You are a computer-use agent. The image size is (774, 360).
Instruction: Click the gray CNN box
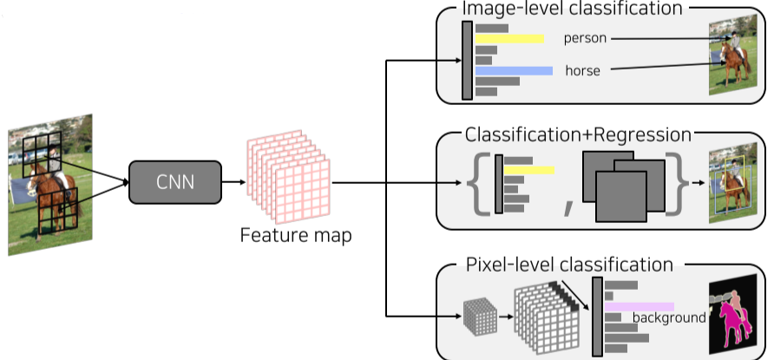point(174,182)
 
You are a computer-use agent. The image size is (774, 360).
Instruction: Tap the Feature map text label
point(296,235)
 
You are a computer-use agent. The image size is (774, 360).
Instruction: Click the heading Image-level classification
point(572,9)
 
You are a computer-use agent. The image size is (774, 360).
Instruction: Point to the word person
point(585,38)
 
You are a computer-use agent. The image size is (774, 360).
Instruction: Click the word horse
point(583,70)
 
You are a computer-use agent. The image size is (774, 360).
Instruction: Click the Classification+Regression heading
point(578,135)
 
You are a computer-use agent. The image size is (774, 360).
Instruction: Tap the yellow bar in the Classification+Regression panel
point(529,170)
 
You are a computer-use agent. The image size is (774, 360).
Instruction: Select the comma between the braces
point(569,206)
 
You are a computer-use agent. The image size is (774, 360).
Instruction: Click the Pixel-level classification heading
point(569,264)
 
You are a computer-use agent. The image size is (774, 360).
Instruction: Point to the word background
point(669,317)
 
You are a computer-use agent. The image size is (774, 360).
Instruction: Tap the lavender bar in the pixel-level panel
point(640,306)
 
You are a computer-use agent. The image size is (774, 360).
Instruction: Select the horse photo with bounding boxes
point(727,184)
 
